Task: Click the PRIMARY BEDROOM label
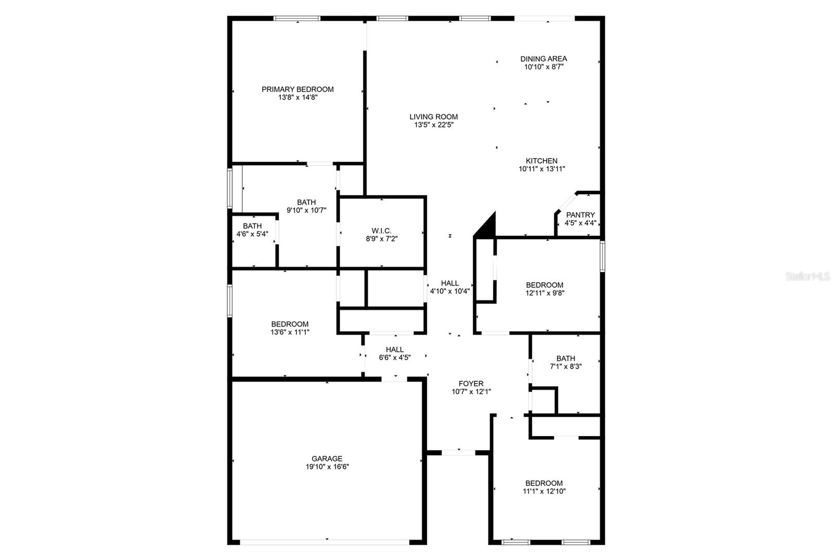[297, 89]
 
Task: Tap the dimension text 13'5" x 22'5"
[433, 125]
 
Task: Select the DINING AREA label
[543, 59]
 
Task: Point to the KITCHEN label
[541, 161]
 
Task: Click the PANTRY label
[580, 215]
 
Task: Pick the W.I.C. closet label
[382, 230]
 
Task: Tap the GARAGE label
[327, 458]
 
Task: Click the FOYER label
[471, 383]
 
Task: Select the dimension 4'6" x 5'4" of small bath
[252, 234]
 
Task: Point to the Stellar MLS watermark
[808, 276]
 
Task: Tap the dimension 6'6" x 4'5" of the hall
[395, 357]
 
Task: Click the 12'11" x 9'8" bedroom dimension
[544, 293]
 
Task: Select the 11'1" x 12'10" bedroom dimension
[544, 491]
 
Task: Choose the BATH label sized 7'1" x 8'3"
[566, 358]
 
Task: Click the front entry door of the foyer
[458, 453]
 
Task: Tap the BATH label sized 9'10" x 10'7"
[306, 202]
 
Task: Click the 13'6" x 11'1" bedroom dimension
[290, 332]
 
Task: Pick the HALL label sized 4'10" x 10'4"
[450, 283]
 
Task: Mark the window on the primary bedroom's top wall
[297, 19]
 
